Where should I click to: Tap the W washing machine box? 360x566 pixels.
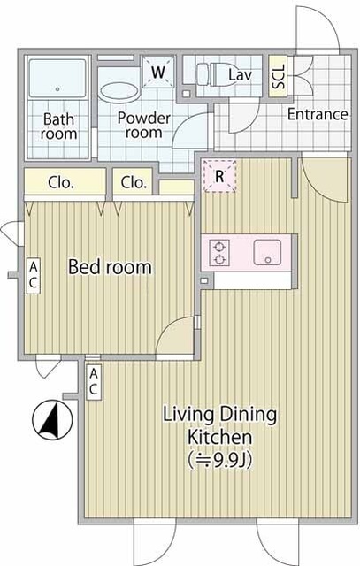tap(157, 72)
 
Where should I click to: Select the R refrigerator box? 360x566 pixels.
tap(219, 176)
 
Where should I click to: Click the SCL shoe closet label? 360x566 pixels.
tap(279, 77)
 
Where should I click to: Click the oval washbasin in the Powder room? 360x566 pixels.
tap(119, 92)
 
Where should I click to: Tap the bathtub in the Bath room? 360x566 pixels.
tap(57, 79)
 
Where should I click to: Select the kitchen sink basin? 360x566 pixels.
tap(267, 252)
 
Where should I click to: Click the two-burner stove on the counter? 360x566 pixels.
tap(219, 253)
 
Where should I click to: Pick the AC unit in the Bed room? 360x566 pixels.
tap(33, 275)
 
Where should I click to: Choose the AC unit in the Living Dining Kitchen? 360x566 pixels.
tap(94, 382)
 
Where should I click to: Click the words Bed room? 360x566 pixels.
tap(110, 267)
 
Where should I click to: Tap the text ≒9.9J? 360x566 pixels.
tap(220, 460)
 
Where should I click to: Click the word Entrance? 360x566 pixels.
tap(318, 114)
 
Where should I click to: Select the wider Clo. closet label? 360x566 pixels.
tap(61, 183)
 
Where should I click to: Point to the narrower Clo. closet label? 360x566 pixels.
tap(134, 183)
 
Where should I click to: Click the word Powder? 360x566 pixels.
tap(143, 118)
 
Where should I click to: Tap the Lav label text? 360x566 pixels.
tap(240, 75)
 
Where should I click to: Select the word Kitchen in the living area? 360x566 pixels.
tap(219, 437)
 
